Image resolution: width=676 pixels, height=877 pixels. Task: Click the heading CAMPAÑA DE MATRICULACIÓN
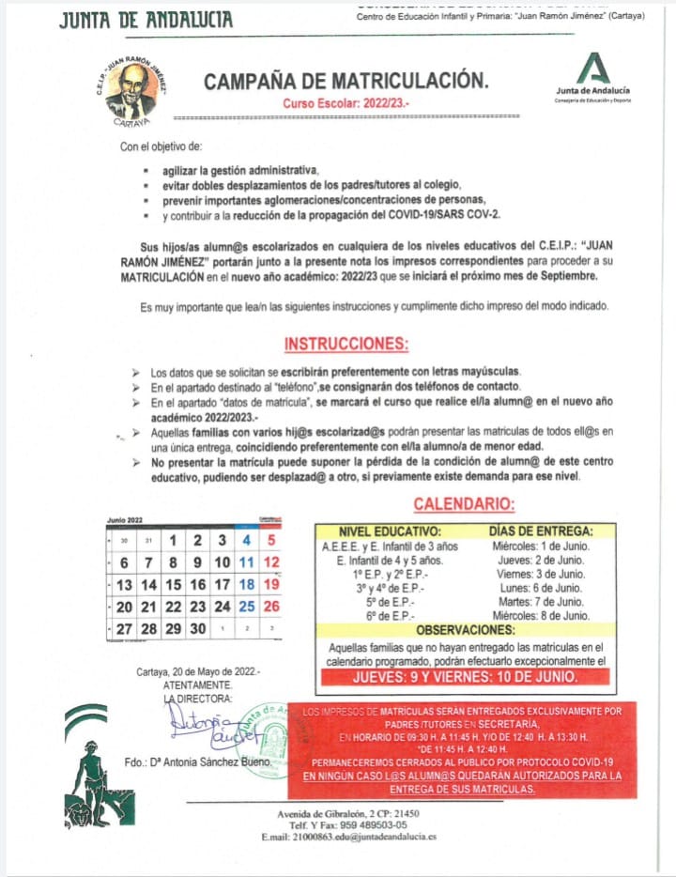point(346,82)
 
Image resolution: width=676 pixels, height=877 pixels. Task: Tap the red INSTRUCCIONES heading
point(346,343)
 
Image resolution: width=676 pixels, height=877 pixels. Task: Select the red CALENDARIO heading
point(464,504)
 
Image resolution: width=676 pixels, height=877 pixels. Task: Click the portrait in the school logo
point(131,92)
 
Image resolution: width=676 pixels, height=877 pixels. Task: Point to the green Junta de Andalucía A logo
point(592,69)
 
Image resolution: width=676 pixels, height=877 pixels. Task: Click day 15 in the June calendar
point(173,584)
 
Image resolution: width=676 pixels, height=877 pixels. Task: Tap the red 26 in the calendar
point(272,607)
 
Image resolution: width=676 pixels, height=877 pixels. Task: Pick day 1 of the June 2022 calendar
point(173,540)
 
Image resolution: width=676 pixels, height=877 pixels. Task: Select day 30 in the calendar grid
point(197,629)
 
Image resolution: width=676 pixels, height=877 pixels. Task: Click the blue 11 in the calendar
point(247,562)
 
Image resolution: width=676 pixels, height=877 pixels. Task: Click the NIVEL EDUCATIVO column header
point(389,531)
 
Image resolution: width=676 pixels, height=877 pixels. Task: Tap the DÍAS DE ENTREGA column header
point(541,531)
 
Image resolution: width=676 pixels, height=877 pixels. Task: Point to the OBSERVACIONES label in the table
point(464,629)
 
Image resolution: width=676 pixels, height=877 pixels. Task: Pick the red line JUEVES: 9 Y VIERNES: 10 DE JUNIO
point(465,676)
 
